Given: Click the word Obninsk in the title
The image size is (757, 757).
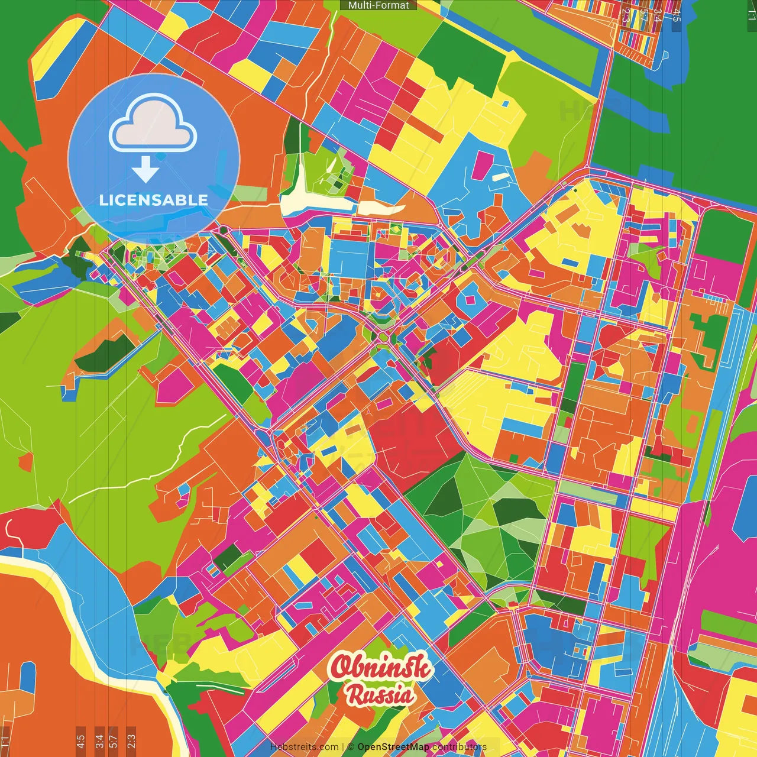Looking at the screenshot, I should click(381, 667).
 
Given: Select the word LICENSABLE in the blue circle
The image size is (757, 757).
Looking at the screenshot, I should click(154, 200).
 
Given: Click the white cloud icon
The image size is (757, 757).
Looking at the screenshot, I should click(153, 125).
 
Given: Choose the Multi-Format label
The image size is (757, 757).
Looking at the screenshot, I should click(378, 5).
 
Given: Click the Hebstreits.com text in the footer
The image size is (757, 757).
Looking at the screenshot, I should click(304, 747).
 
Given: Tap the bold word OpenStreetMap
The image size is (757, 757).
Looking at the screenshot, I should click(393, 747).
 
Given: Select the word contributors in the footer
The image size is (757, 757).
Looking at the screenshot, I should click(460, 747).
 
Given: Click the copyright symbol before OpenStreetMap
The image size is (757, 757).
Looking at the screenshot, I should click(351, 747).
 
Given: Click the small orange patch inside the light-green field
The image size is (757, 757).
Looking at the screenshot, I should click(25, 461).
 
